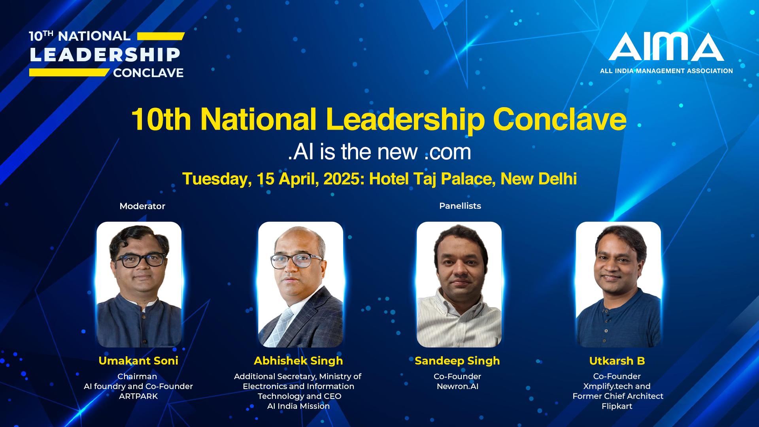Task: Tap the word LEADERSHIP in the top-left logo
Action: [x=105, y=55]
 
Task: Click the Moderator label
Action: [x=142, y=206]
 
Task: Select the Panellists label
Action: [x=460, y=206]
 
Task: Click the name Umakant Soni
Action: [x=138, y=361]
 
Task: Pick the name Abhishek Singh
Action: [x=298, y=361]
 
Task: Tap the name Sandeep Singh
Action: [x=457, y=361]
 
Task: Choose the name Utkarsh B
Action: [x=617, y=361]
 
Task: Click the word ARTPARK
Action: [x=138, y=396]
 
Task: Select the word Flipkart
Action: [x=617, y=406]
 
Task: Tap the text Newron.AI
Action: [x=457, y=386]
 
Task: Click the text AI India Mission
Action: [x=298, y=406]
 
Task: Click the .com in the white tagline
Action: [x=447, y=152]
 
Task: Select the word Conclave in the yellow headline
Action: [x=559, y=119]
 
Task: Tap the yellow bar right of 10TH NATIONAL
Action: [x=161, y=36]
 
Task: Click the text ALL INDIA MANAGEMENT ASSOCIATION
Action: [x=666, y=71]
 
